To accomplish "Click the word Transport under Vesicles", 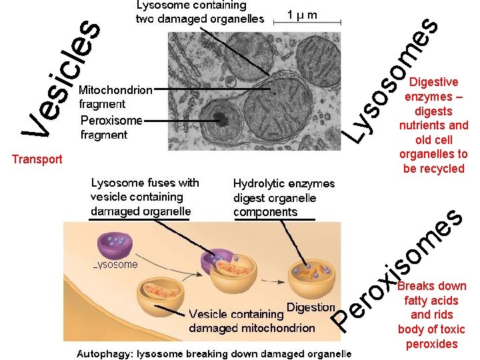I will pos(37,159).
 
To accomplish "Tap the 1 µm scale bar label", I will pos(302,14).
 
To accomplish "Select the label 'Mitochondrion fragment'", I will pos(115,97).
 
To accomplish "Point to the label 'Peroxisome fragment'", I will pos(111,127).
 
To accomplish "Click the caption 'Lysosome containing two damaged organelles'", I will pos(199,12).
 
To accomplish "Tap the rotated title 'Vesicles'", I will pos(63,80).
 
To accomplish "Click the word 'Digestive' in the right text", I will pos(434,82).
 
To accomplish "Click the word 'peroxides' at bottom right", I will pos(431,344).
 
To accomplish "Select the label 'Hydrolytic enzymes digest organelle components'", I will pos(284,197).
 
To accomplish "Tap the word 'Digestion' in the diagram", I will pos(310,307).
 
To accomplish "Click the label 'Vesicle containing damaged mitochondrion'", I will pos(252,321).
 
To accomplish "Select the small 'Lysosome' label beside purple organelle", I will pos(115,265).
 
